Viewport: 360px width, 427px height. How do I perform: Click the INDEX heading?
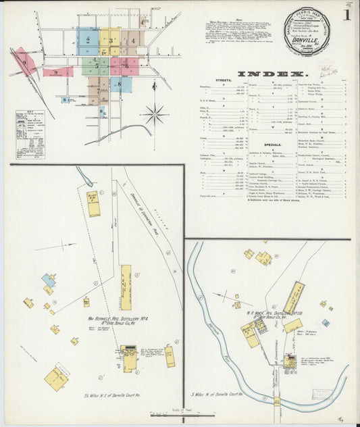(x=271, y=72)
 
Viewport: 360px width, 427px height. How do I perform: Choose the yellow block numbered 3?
(x=110, y=41)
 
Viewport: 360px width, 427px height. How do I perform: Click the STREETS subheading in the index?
(x=223, y=80)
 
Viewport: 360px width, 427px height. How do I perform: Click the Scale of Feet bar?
(x=179, y=413)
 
